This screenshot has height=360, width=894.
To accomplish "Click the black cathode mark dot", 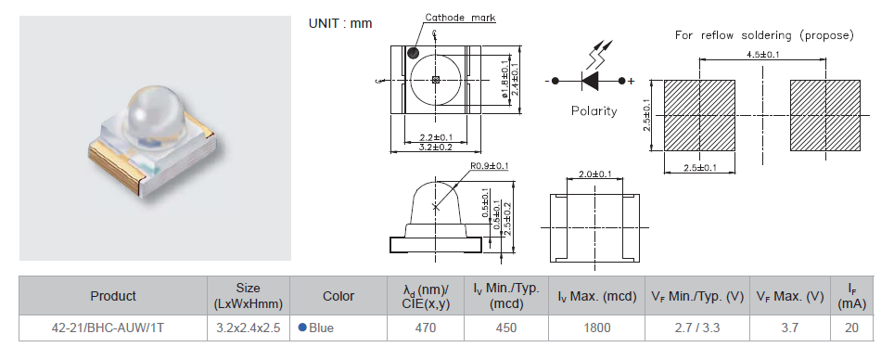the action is click(413, 53).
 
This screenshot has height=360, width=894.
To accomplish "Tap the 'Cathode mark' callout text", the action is click(460, 18).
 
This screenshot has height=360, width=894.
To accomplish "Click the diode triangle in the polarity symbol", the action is click(590, 81).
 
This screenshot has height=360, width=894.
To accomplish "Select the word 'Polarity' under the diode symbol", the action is click(594, 110).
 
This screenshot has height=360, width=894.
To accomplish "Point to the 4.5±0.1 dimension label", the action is click(763, 55).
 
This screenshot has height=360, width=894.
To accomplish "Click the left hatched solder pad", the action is click(699, 115).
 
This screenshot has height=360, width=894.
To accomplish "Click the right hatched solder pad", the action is click(825, 115).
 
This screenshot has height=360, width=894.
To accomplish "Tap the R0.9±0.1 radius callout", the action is click(489, 166).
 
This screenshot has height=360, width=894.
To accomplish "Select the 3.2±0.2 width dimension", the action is click(435, 148).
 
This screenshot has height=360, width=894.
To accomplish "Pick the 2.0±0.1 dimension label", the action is click(594, 174).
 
